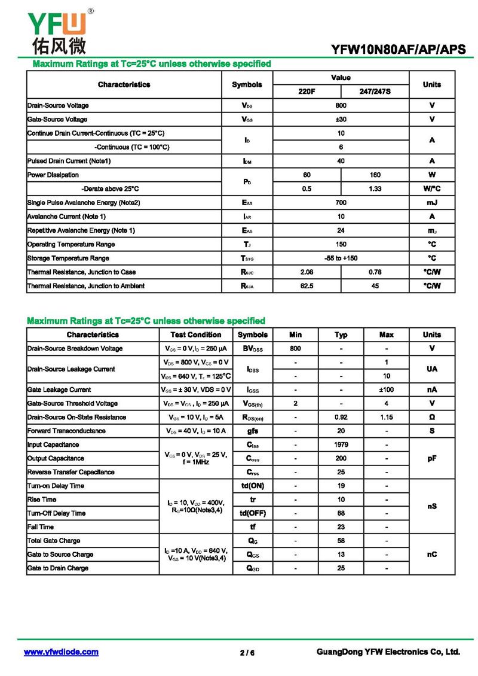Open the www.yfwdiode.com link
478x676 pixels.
point(61,652)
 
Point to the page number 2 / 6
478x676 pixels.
point(247,653)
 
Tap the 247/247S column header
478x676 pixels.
point(375,92)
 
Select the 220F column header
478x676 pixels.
point(307,92)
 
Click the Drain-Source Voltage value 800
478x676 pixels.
point(341,105)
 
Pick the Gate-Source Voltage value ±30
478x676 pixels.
point(341,119)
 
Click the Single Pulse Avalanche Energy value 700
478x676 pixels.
point(341,203)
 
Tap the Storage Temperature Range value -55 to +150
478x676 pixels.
point(341,258)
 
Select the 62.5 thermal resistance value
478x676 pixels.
point(307,286)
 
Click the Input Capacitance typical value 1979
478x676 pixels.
point(341,444)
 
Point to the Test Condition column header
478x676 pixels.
point(195,334)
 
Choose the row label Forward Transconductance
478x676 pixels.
point(66,431)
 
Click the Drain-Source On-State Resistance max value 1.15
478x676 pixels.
point(387,417)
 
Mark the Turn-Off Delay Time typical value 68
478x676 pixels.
point(341,513)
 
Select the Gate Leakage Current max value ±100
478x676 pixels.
point(387,389)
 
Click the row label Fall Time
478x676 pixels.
point(41,527)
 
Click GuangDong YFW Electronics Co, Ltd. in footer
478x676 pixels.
point(388,652)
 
